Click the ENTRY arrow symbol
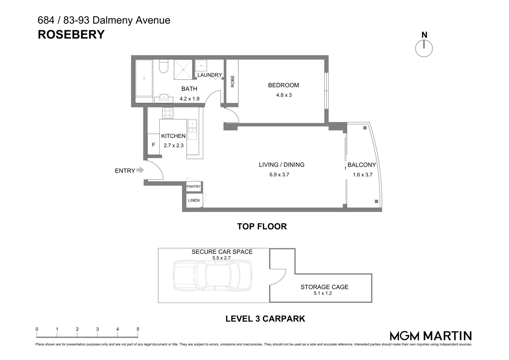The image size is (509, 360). (140, 170)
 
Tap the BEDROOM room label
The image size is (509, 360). (283, 85)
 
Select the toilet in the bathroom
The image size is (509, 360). (163, 66)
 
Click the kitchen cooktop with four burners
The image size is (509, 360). (168, 113)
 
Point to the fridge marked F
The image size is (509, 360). (153, 145)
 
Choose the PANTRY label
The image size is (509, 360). (194, 186)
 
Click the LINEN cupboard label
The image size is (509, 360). (194, 200)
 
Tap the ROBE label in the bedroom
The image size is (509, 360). (233, 81)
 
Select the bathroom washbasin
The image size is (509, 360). (163, 97)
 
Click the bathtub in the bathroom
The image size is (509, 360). (144, 78)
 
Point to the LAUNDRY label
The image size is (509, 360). (210, 75)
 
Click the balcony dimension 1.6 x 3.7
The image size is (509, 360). (362, 175)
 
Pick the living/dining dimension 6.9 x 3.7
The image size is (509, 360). (279, 175)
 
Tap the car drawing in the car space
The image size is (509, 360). (212, 276)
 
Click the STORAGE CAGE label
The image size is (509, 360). (324, 287)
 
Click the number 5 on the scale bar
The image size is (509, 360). (138, 329)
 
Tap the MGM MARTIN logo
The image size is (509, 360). (431, 336)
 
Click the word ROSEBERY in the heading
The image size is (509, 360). (71, 35)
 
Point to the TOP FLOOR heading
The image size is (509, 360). (262, 227)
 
